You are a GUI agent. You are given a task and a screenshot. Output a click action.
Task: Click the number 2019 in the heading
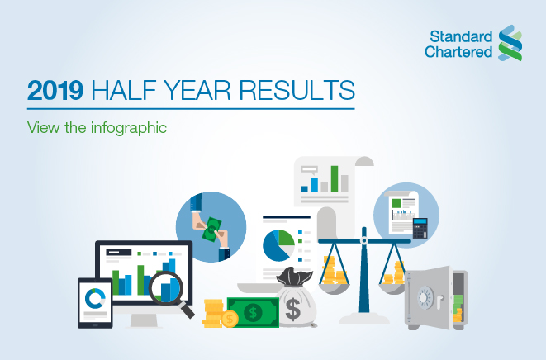(x=55, y=90)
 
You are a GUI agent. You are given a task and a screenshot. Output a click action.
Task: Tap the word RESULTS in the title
(x=297, y=90)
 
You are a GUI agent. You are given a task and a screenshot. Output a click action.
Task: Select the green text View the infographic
(x=97, y=128)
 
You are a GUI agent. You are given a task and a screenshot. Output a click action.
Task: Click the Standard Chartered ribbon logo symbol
(x=510, y=43)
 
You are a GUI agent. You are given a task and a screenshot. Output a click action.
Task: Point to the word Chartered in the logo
(x=458, y=52)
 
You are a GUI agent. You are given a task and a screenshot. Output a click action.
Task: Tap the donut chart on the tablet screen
(x=95, y=298)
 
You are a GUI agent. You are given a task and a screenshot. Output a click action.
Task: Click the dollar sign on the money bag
(x=293, y=310)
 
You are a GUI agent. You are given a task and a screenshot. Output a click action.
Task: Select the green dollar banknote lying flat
(x=253, y=312)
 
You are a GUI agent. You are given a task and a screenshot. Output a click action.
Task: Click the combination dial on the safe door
(x=425, y=298)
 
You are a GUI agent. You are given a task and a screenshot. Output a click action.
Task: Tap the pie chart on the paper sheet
(x=278, y=245)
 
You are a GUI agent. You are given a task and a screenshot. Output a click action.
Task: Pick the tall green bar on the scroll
(x=335, y=178)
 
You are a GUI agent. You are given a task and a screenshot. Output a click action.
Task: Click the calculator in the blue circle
(x=420, y=228)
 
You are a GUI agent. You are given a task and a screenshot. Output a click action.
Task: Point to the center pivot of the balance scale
(x=364, y=240)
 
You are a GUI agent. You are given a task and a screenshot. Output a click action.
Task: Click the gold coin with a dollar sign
(x=230, y=319)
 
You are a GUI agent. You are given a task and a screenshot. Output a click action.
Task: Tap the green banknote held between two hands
(x=211, y=230)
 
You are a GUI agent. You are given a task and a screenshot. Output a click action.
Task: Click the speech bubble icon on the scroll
(x=309, y=170)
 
